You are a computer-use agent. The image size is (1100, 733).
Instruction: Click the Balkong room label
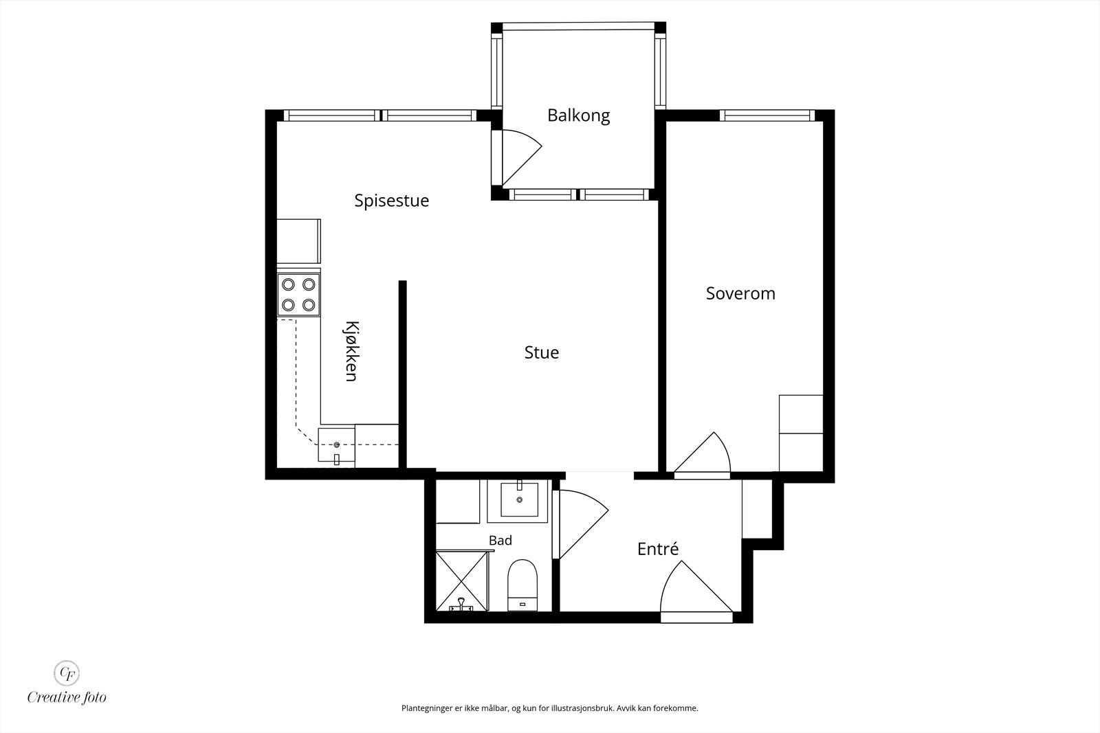point(578,116)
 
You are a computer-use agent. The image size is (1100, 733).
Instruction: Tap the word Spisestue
point(391,201)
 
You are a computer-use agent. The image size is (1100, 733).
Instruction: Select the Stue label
point(541,352)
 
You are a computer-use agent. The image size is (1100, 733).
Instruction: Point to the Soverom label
point(740,293)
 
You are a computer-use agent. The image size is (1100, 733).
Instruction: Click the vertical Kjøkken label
point(351,351)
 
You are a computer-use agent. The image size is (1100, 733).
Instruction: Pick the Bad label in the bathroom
point(500,540)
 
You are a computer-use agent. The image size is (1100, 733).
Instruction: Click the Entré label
point(657,548)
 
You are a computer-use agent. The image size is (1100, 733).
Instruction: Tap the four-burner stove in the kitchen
point(298,295)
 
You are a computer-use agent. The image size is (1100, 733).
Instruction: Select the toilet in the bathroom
point(522,585)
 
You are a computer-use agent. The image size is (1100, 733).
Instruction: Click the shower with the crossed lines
point(461,581)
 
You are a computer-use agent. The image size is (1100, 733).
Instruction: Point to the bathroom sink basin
point(519,499)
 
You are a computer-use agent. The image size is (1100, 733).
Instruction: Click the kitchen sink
point(336,445)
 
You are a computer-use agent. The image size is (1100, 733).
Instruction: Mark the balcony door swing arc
point(522,157)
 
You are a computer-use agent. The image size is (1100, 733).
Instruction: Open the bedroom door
point(702,455)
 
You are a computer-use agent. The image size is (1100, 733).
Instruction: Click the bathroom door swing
point(584,524)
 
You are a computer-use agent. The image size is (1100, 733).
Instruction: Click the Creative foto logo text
point(67,697)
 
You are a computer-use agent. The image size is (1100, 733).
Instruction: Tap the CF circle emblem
point(66,673)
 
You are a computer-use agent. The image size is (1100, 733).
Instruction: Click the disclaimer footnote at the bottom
point(549,708)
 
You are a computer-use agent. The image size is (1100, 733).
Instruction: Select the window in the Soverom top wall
point(767,115)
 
